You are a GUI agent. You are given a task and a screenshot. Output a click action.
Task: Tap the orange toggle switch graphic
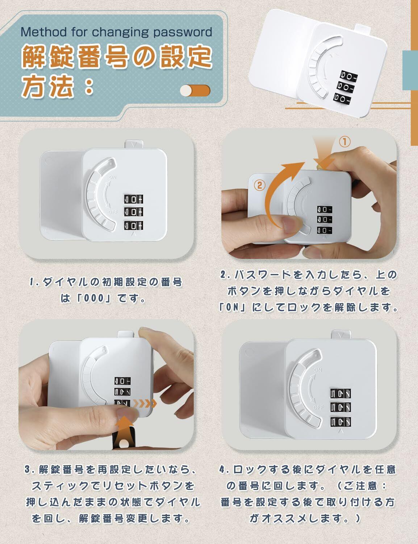[x=195, y=90]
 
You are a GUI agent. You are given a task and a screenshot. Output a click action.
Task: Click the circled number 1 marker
[x=345, y=142]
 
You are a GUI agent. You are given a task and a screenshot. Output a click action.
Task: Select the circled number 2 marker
[x=259, y=186]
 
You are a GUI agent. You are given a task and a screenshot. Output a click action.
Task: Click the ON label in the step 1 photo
[x=112, y=177]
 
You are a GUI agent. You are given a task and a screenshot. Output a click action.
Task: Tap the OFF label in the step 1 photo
[x=113, y=212]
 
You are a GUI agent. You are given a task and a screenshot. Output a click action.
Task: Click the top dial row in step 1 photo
[x=134, y=199]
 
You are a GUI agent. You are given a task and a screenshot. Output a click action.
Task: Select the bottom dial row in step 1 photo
[x=134, y=226]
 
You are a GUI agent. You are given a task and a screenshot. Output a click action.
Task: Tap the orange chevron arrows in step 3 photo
[x=145, y=403]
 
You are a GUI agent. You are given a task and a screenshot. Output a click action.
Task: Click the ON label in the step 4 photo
[x=318, y=370]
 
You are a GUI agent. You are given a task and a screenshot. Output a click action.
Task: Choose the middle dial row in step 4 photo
[x=340, y=408]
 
